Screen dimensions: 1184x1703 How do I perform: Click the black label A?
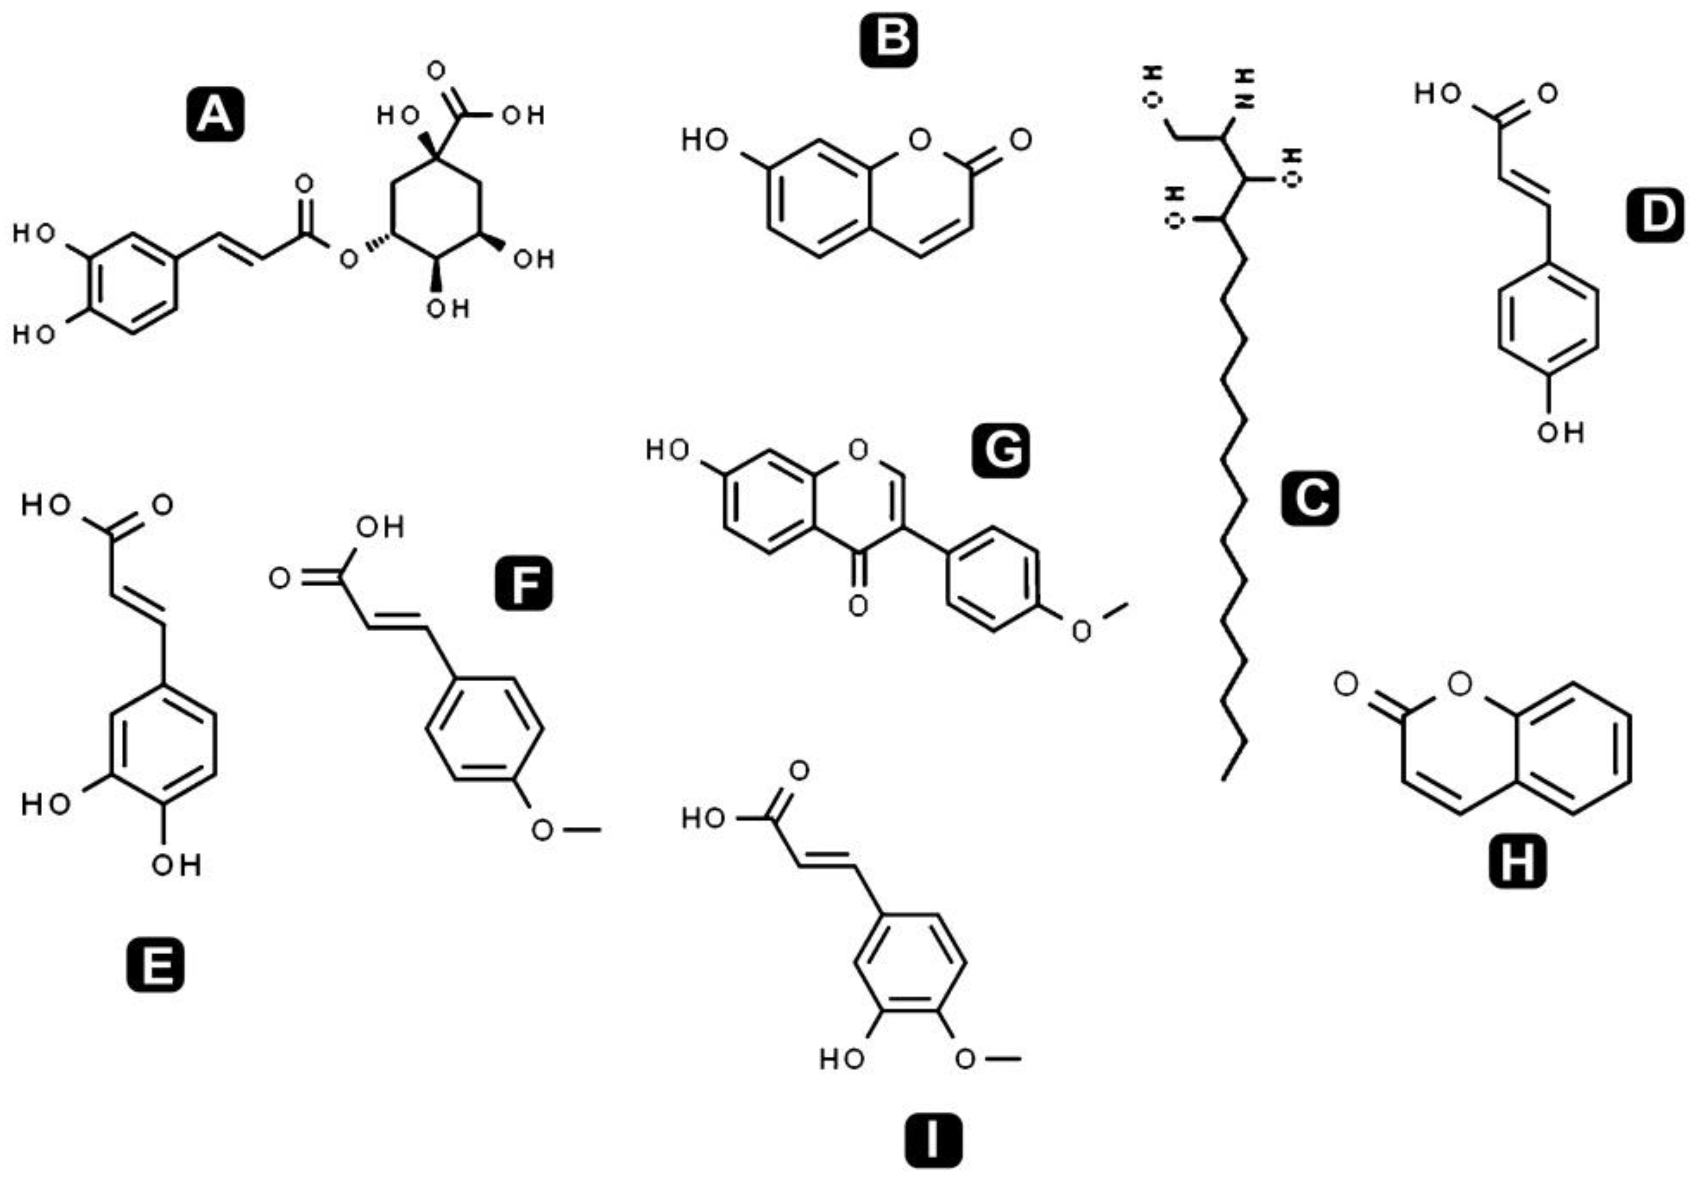[215, 115]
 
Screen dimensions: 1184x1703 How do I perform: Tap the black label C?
[1310, 498]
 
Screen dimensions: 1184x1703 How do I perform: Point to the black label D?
[1656, 214]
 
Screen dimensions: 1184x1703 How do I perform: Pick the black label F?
[524, 583]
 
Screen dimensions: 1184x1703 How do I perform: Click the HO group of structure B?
[705, 140]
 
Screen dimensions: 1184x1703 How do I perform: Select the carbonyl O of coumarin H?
[1345, 684]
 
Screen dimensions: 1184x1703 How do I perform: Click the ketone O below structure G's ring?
[858, 606]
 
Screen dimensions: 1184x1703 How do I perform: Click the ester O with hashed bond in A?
[348, 259]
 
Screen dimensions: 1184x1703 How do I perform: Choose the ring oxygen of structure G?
[858, 449]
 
